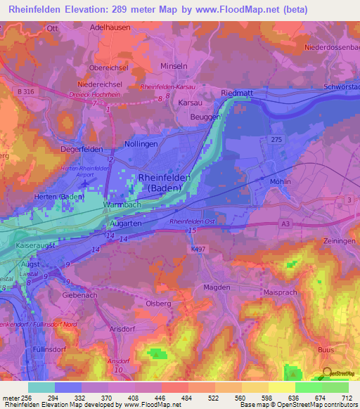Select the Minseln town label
[174, 65]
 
